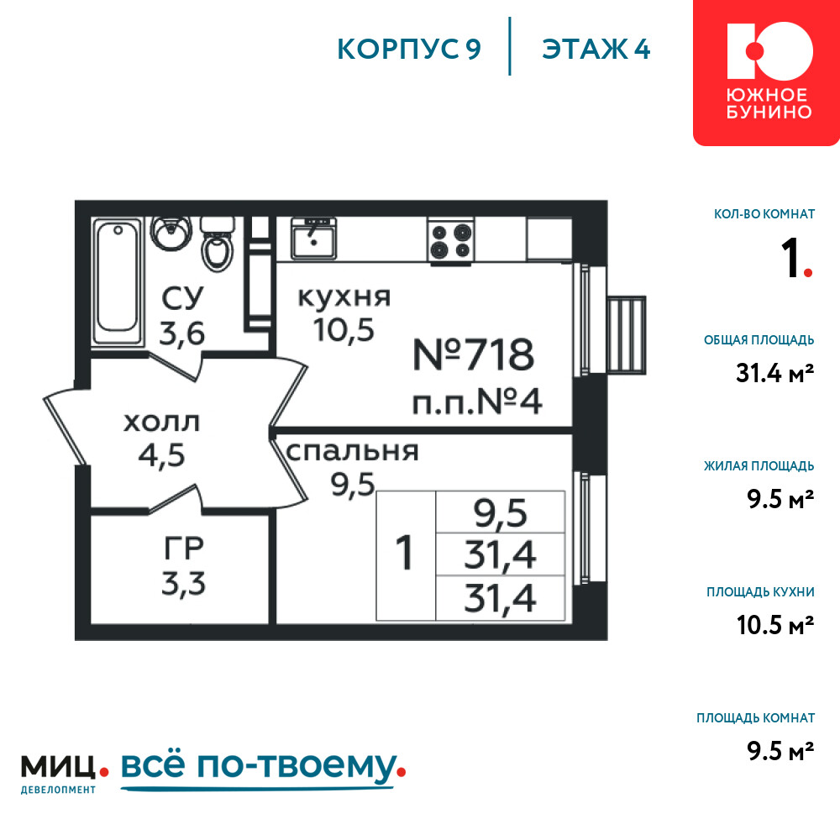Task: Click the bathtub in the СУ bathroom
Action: click(118, 281)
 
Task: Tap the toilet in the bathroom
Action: click(218, 244)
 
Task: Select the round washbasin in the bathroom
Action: click(171, 233)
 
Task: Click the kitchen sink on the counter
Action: click(313, 239)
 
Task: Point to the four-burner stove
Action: click(450, 240)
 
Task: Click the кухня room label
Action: click(344, 297)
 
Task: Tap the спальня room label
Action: click(352, 452)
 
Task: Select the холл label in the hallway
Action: click(161, 423)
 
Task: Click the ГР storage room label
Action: click(183, 548)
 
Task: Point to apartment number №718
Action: click(474, 354)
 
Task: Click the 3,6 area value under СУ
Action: click(182, 334)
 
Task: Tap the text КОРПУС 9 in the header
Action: click(409, 50)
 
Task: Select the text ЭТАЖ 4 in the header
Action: click(596, 50)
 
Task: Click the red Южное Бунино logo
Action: click(766, 72)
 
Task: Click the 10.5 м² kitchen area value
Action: click(775, 625)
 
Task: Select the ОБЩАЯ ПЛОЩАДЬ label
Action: click(759, 340)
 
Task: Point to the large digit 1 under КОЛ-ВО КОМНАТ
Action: click(790, 258)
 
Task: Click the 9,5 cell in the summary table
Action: click(501, 513)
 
